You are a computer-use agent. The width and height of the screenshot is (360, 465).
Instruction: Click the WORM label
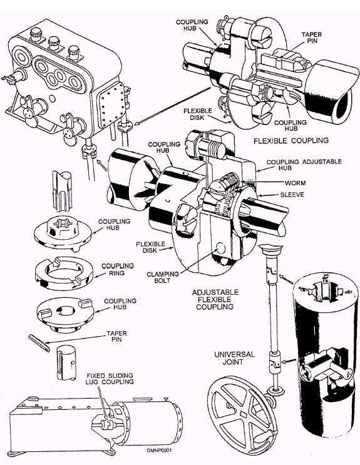point(295,183)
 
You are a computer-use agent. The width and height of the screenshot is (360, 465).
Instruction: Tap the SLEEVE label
point(292,195)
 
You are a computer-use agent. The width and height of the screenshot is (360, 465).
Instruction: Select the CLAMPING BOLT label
point(163,277)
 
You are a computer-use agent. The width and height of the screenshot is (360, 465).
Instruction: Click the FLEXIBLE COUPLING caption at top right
point(291,140)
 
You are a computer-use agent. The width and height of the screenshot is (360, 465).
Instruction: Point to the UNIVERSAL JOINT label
point(234,358)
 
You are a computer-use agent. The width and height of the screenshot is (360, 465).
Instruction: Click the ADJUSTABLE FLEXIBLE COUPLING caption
point(215,300)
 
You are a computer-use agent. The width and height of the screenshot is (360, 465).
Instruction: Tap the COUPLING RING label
point(118,269)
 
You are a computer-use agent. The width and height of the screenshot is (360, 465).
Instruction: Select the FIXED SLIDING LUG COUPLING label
point(110,379)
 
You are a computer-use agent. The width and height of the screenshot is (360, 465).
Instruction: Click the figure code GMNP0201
point(159,450)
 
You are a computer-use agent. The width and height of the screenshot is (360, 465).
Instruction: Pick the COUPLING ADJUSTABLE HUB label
point(304,165)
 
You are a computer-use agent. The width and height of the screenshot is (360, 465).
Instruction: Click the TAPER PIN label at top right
point(311,38)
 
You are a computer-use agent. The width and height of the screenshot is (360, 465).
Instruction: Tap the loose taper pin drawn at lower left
point(39,343)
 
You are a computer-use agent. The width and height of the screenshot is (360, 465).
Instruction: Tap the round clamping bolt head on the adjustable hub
point(221,248)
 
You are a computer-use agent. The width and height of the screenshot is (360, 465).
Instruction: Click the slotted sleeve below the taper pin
point(66,362)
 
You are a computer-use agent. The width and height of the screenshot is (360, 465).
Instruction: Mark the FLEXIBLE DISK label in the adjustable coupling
point(150,247)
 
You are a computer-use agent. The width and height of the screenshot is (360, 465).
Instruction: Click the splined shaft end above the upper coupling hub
point(62,191)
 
